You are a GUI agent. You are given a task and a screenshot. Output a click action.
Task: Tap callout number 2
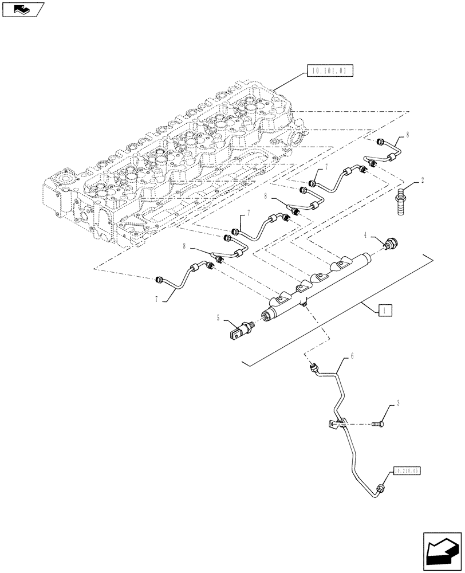click(x=422, y=180)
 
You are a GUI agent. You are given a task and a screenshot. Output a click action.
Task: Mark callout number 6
click(x=352, y=356)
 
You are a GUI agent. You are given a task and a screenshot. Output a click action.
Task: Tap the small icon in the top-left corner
click(x=21, y=9)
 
